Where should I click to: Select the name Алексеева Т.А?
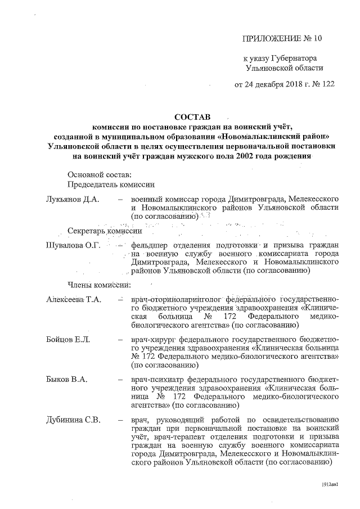pyautogui.click(x=74, y=300)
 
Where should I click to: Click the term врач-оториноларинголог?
pyautogui.click(x=174, y=300)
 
